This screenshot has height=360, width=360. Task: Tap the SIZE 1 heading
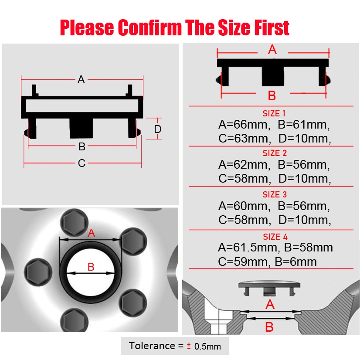pos(274,113)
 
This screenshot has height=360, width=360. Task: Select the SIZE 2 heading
pos(275,153)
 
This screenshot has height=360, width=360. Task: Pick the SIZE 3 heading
pos(275,194)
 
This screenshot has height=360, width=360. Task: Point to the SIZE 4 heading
pos(275,237)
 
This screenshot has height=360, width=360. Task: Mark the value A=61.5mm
pos(249,248)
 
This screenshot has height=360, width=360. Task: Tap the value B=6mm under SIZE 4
pos(295,262)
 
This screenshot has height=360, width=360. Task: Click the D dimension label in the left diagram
pos(158,129)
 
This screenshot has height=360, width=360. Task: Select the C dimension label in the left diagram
pos(82,163)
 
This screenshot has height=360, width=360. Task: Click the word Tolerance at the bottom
pos(152,346)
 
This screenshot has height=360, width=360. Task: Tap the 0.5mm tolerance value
pos(207,346)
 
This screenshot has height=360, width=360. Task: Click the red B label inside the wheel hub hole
pos(91,267)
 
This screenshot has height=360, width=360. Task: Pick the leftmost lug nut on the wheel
pos(38,272)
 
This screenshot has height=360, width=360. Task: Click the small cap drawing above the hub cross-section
pos(269,289)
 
